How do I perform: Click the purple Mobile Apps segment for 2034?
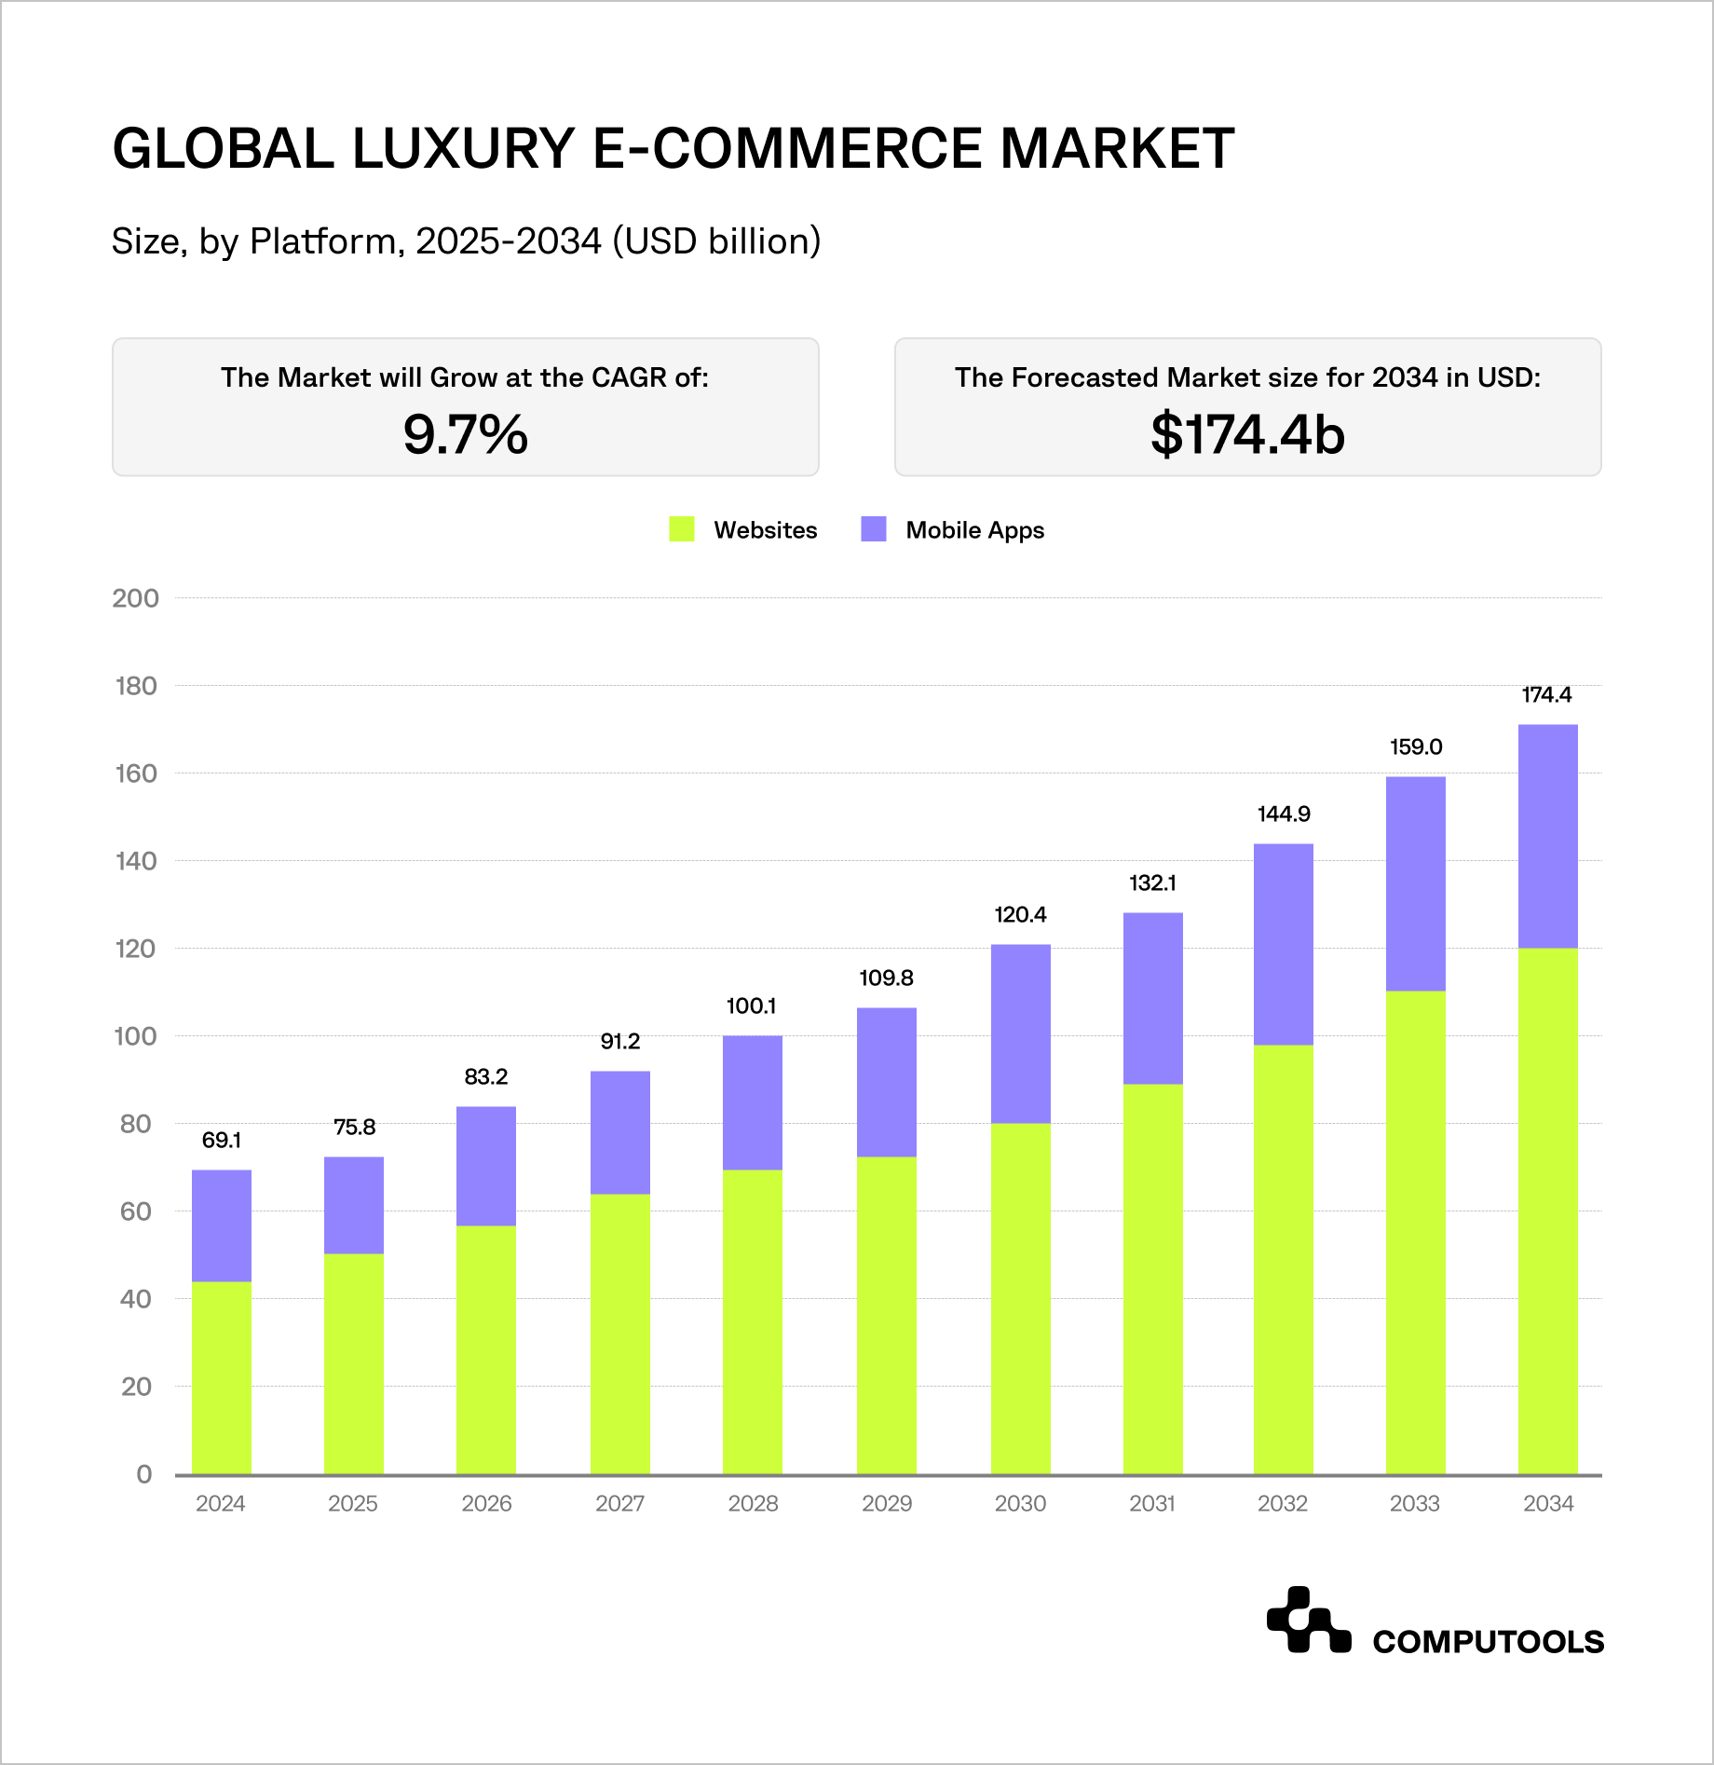tap(1547, 836)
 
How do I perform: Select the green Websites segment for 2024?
tap(222, 1377)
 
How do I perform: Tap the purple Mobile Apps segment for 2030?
tap(1020, 1033)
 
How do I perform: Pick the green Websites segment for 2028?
tap(753, 1321)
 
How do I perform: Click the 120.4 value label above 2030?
tap(1020, 914)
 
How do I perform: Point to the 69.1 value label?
tap(222, 1140)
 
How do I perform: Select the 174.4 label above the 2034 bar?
tap(1546, 694)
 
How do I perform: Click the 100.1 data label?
tap(751, 1006)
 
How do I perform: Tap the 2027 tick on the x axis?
tap(619, 1503)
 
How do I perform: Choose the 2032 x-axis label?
tap(1283, 1503)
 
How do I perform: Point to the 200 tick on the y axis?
tap(136, 598)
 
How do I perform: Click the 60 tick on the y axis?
tap(136, 1211)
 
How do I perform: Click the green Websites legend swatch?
tap(682, 529)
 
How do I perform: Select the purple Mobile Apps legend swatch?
tap(874, 529)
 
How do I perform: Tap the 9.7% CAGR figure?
tap(466, 434)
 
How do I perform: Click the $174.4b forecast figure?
tap(1247, 434)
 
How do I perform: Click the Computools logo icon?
tap(1308, 1621)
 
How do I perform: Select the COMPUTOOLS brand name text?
tap(1488, 1641)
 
